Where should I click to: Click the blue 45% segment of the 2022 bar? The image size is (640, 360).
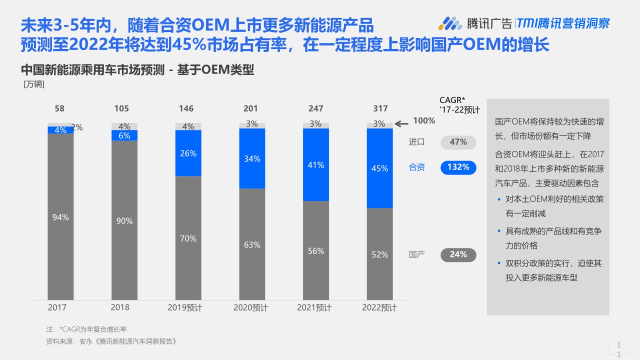(379, 168)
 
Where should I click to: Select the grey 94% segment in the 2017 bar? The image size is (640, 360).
(60, 217)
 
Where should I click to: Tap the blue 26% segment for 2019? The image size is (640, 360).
(188, 153)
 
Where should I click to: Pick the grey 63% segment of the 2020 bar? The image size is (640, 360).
(252, 244)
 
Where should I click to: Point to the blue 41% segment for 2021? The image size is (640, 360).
(316, 164)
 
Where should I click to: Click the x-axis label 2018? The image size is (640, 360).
(120, 307)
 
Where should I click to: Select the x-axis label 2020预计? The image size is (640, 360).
(250, 307)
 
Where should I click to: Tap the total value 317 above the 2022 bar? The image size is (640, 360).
(380, 108)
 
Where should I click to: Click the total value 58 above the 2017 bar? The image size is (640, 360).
(59, 108)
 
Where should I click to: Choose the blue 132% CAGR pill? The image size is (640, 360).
(458, 167)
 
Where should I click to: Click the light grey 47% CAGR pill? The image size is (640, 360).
(458, 142)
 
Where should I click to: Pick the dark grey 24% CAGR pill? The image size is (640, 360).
(458, 254)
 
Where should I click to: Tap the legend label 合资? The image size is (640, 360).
(417, 167)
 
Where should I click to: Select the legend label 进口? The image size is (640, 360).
(417, 142)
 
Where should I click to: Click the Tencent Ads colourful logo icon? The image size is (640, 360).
(450, 23)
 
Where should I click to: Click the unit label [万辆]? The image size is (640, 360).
(34, 84)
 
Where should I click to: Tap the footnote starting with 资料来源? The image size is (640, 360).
(111, 341)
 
